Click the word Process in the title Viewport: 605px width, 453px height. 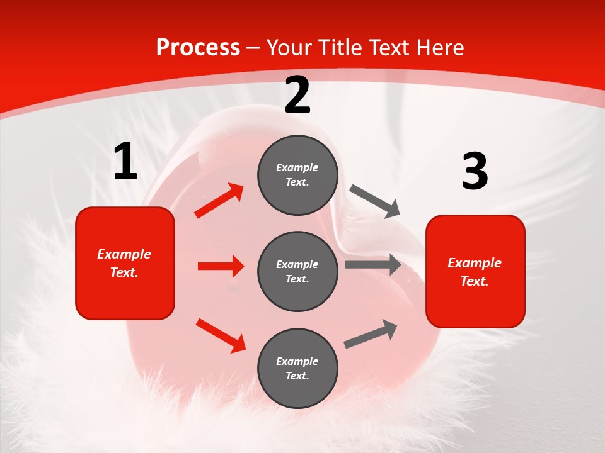click(198, 48)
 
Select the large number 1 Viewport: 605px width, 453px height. click(125, 162)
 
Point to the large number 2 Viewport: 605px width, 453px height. click(297, 95)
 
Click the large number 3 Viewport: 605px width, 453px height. click(475, 171)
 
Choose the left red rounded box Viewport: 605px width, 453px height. click(125, 263)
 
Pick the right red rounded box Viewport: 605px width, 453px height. click(475, 272)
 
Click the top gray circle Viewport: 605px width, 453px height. click(297, 175)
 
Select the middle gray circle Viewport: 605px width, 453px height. click(297, 271)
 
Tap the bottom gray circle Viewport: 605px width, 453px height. click(297, 368)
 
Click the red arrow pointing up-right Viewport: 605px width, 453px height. click(219, 201)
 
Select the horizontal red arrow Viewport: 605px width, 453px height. click(221, 266)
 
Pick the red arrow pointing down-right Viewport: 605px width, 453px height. click(221, 335)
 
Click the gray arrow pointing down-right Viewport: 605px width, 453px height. click(375, 201)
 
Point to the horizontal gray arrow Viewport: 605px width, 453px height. click(373, 265)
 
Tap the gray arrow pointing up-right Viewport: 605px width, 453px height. click(371, 334)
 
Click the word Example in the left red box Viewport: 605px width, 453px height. click(124, 254)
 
